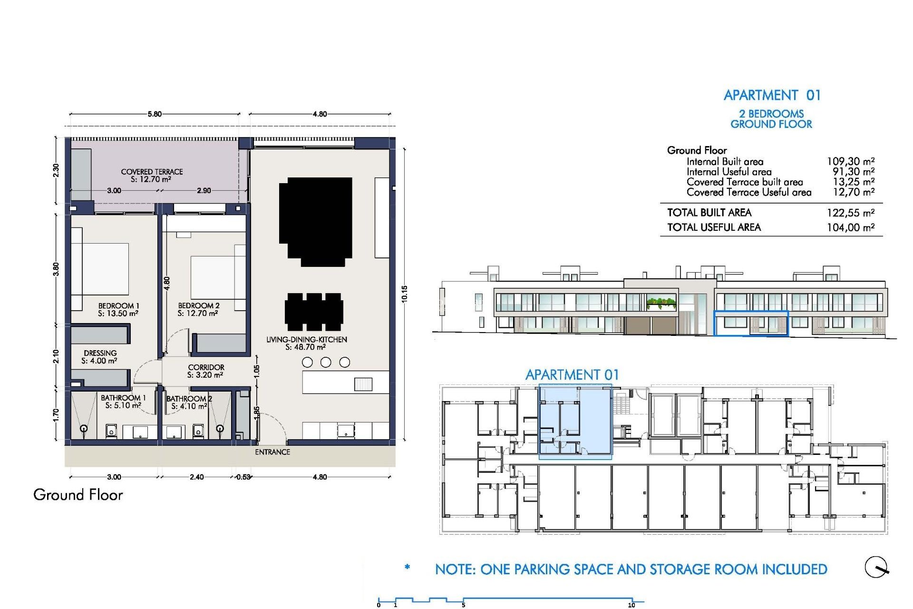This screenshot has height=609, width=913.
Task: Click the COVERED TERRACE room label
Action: click(x=152, y=172)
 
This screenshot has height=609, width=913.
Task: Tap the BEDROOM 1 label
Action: click(x=118, y=306)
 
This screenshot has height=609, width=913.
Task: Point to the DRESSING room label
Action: click(x=100, y=353)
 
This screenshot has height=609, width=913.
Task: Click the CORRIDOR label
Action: click(x=206, y=367)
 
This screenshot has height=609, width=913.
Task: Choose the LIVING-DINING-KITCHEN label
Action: click(x=307, y=340)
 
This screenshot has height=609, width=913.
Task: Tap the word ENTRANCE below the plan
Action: click(x=272, y=452)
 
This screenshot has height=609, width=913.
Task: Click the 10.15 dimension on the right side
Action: click(x=404, y=294)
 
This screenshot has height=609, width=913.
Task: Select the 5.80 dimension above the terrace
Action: click(x=155, y=114)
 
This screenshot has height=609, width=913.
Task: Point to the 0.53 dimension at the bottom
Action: click(x=243, y=477)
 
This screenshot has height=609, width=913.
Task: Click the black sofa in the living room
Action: click(x=316, y=220)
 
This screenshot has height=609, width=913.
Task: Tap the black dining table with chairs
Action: click(x=314, y=312)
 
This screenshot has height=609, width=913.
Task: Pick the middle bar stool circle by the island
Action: click(x=326, y=363)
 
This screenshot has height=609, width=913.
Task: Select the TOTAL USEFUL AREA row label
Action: click(x=714, y=227)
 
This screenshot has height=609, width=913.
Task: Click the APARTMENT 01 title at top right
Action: click(x=772, y=95)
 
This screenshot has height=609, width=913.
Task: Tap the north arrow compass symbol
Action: click(x=876, y=567)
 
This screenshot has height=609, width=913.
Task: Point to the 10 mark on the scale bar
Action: click(x=631, y=605)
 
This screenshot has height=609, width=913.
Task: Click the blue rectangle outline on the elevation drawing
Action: click(x=751, y=324)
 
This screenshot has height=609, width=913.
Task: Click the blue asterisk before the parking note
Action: click(x=407, y=567)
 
